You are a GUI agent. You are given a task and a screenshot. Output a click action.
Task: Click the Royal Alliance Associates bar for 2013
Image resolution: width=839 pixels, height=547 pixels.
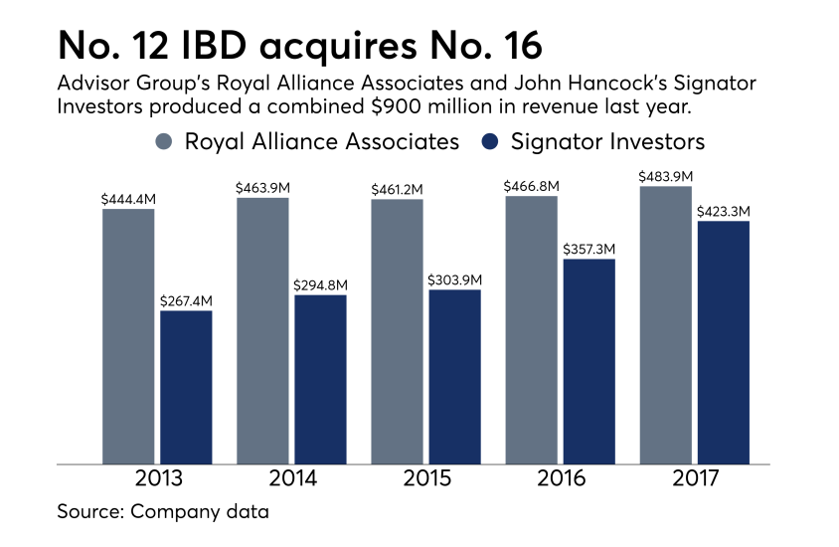pos(129,336)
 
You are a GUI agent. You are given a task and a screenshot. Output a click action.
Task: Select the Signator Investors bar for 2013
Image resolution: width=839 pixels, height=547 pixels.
pos(186,387)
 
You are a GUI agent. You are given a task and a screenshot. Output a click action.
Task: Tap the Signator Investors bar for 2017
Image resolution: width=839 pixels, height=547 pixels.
pos(723,342)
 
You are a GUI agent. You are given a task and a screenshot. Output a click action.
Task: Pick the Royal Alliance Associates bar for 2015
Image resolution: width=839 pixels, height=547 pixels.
pos(397,331)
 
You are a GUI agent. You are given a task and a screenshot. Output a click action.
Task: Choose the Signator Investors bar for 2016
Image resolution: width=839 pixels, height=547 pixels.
pos(589,361)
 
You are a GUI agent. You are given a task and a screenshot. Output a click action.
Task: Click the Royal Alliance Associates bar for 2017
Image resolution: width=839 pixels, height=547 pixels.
pos(665,325)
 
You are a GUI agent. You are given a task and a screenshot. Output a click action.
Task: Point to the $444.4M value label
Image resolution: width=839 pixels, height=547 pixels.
pos(128,199)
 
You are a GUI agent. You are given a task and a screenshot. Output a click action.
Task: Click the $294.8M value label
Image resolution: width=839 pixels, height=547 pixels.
pos(320,285)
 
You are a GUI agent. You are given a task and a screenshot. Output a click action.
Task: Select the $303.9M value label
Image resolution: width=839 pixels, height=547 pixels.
pos(454,279)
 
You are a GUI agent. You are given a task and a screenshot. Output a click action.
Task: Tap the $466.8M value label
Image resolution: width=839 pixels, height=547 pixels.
pos(532,186)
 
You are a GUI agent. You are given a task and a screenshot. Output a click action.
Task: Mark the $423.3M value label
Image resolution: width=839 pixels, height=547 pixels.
pos(723,211)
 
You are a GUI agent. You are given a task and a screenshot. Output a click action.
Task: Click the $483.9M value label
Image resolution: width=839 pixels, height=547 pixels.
pos(666,176)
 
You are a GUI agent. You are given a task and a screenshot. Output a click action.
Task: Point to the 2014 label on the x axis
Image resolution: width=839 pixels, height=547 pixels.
pos(292,479)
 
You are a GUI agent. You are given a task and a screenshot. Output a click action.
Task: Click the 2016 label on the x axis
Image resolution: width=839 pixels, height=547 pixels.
pos(561,479)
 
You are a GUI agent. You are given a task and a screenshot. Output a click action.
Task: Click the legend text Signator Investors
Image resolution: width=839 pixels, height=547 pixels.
pos(607,141)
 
